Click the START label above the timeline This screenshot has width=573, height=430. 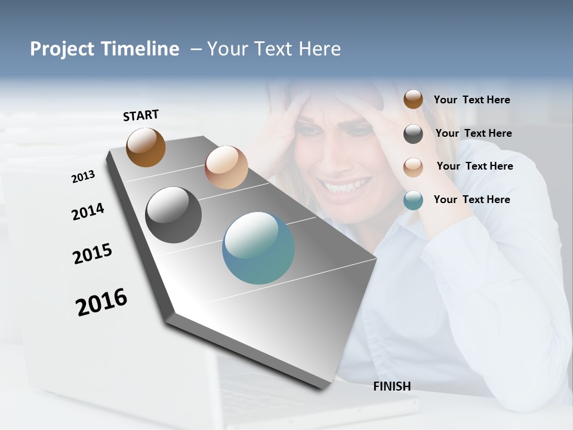click(x=141, y=115)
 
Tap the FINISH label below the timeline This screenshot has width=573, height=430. click(x=392, y=386)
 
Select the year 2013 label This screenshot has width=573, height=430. click(x=83, y=177)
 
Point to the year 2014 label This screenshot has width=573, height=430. click(x=88, y=212)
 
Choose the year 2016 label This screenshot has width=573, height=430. click(x=101, y=302)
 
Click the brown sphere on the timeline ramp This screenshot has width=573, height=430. click(x=146, y=147)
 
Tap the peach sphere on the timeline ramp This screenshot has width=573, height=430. click(x=226, y=167)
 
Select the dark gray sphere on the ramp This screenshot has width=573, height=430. click(x=173, y=215)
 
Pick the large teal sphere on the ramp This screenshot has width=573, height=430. click(x=258, y=248)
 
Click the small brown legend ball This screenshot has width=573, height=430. click(x=413, y=99)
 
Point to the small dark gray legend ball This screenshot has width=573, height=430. click(x=413, y=134)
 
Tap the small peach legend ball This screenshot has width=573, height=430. click(x=413, y=167)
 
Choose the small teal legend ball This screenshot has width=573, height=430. click(x=413, y=200)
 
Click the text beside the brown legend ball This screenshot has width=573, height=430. click(x=472, y=100)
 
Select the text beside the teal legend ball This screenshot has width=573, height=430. click(x=472, y=199)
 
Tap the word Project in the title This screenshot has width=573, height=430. click(x=62, y=49)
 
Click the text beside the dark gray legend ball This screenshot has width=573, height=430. click(x=473, y=133)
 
